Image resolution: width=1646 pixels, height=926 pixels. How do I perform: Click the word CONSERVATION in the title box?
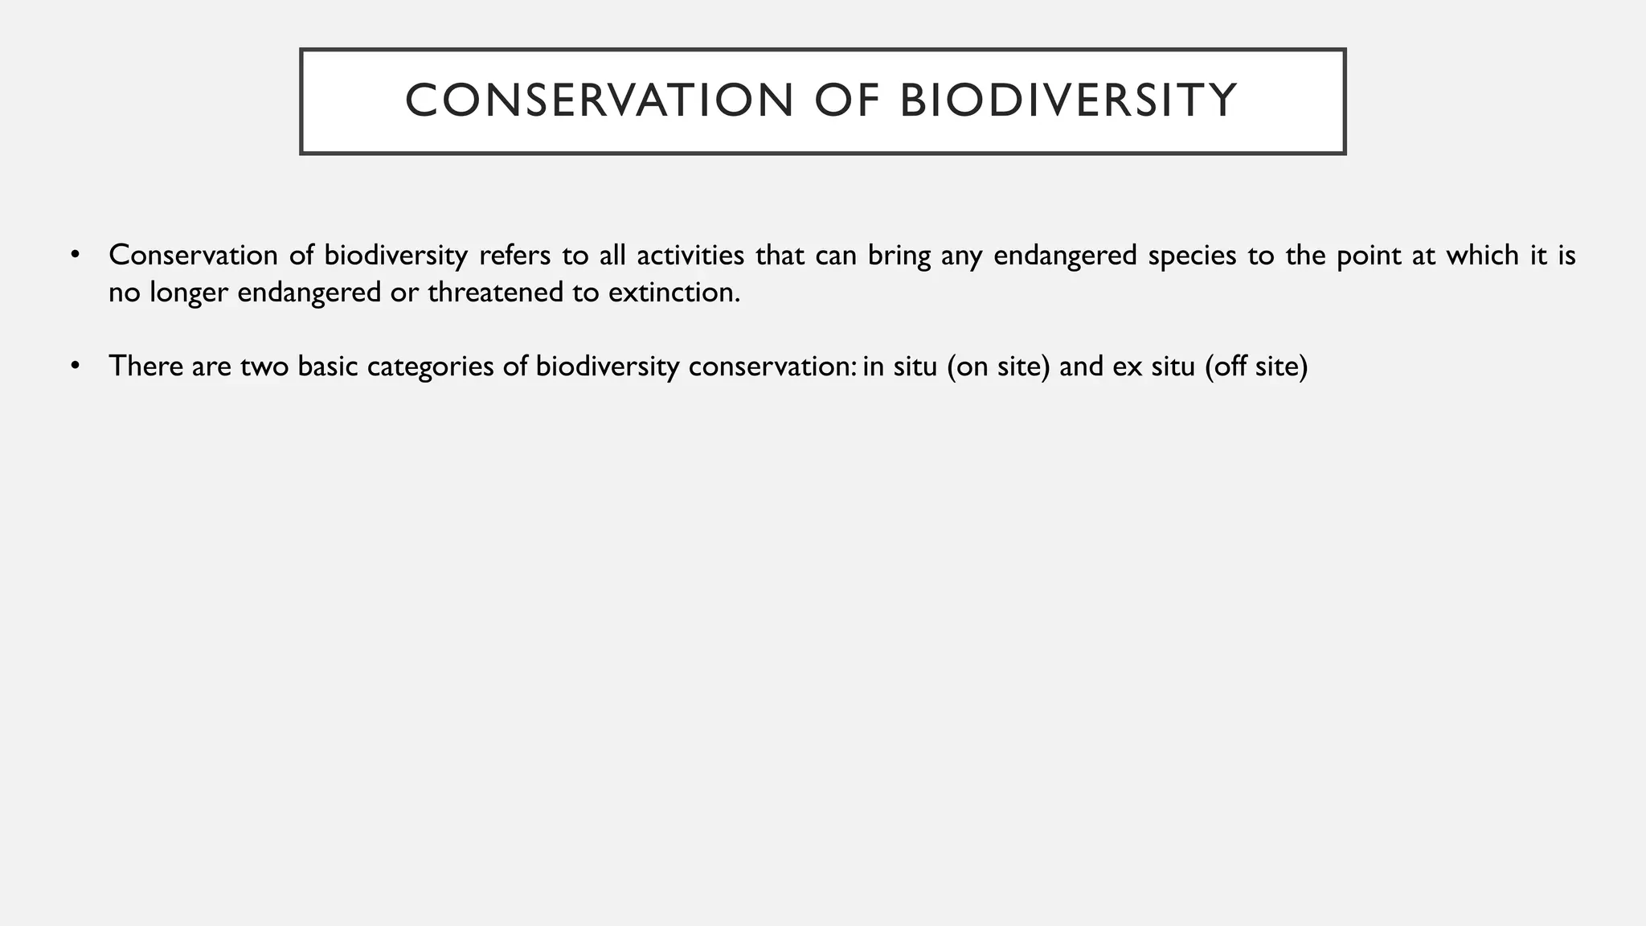[599, 101]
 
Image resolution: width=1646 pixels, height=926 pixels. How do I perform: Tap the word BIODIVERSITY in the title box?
[1068, 101]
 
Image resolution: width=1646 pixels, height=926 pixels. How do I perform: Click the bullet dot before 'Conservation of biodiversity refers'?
[76, 256]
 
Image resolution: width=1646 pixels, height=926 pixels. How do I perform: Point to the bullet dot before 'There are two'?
[76, 367]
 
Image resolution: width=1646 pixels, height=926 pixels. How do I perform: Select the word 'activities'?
[690, 256]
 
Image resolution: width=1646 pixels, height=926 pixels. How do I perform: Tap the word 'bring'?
[899, 256]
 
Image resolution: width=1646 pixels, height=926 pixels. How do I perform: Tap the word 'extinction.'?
[674, 293]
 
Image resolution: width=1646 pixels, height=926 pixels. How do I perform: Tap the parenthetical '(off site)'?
[1257, 367]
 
